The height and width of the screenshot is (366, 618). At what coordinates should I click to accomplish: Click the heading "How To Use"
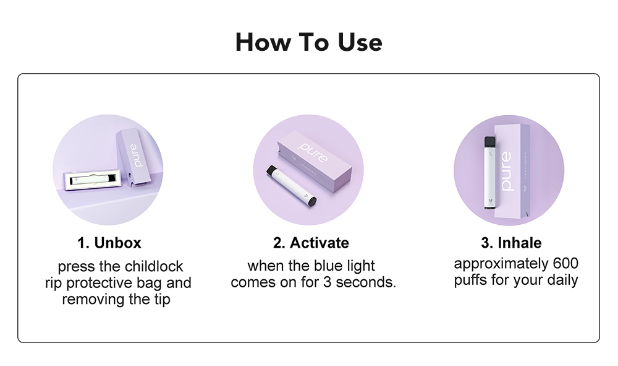[x=308, y=42]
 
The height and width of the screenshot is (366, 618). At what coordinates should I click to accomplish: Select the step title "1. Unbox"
[x=109, y=242]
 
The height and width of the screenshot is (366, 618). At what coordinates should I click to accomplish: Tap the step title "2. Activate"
[x=311, y=242]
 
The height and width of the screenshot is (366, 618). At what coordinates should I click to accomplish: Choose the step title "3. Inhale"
[x=511, y=242]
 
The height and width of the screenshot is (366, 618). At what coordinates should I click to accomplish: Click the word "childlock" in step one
[x=154, y=267]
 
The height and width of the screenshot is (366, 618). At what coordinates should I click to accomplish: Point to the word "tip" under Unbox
[x=162, y=299]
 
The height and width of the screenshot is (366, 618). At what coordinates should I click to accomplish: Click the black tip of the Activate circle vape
[x=312, y=201]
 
